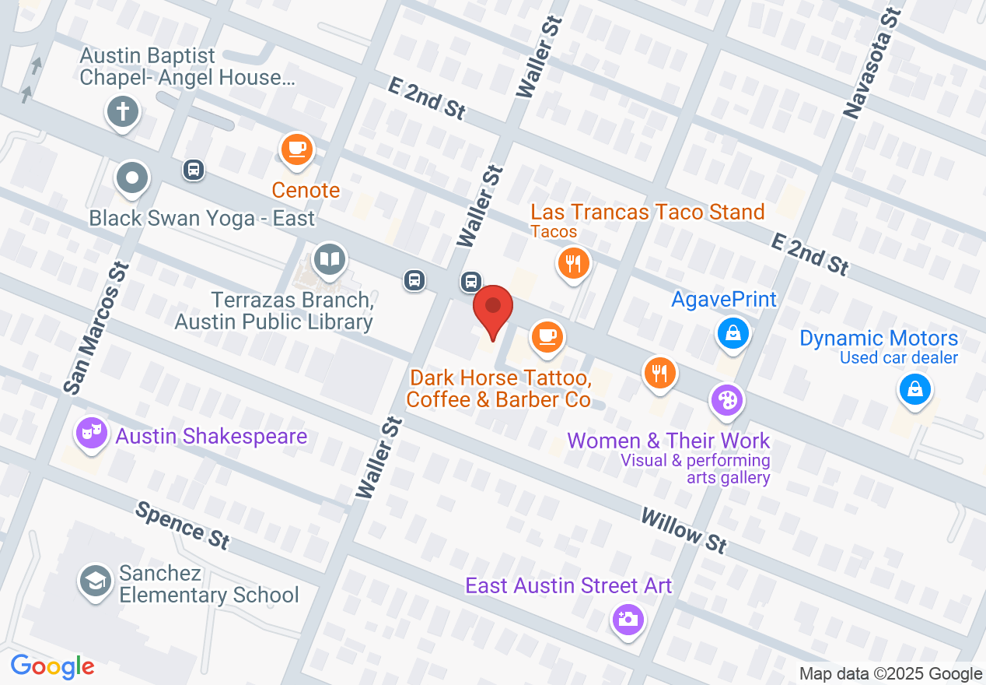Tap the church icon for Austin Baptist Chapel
coord(122,111)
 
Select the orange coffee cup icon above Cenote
coord(296,149)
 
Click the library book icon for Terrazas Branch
coord(330,258)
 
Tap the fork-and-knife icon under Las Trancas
coord(574,264)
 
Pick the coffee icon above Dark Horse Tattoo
coord(547,336)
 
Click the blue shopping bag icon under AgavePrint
coord(733,333)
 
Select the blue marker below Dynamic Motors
coord(915,388)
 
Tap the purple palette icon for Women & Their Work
coord(726,401)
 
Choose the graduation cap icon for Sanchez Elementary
coord(96,581)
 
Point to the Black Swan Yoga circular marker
coord(132,177)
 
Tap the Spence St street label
coord(184,525)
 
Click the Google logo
coord(53,666)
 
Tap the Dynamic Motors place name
coord(879,339)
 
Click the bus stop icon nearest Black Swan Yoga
coord(194,169)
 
